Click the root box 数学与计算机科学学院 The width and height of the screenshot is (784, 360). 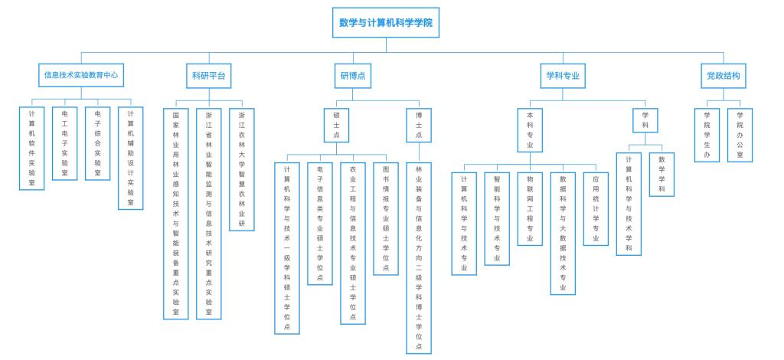tap(385, 23)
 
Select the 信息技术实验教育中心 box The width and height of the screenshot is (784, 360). tap(80, 76)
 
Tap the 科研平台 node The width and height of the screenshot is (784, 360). tap(208, 76)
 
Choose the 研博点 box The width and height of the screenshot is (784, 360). tap(352, 76)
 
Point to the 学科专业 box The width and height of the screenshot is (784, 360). tap(562, 76)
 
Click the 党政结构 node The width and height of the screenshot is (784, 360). tap(723, 76)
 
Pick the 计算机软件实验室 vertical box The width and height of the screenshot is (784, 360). tap(31, 149)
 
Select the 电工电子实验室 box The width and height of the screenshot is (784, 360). tap(64, 143)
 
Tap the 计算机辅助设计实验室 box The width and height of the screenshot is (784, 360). tap(130, 159)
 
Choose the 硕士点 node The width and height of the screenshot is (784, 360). tap(336, 124)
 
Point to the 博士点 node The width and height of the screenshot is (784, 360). tap(418, 124)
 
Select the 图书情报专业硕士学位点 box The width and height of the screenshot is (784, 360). tap(385, 218)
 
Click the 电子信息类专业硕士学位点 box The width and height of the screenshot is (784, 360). tap(319, 223)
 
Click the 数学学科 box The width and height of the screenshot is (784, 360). tap(661, 175)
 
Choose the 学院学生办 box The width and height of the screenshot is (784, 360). tap(707, 135)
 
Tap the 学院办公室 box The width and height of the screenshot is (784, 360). tap(740, 135)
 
